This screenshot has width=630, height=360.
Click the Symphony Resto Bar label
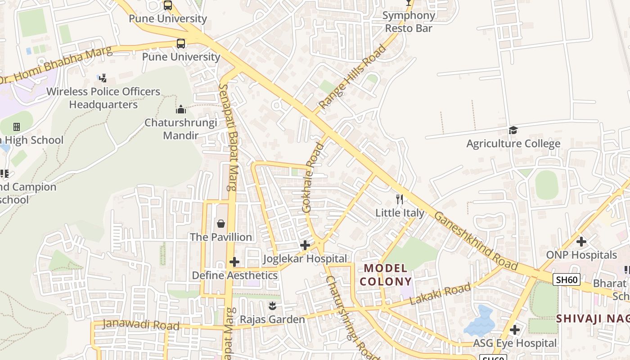pyautogui.click(x=408, y=22)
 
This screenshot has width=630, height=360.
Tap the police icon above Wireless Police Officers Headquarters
pyautogui.click(x=103, y=78)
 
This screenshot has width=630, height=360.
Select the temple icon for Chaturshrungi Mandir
pyautogui.click(x=180, y=109)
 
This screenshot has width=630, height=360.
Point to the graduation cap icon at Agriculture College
pyautogui.click(x=513, y=130)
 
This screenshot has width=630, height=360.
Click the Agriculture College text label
pyautogui.click(x=513, y=144)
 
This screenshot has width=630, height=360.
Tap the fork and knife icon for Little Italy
pyautogui.click(x=400, y=199)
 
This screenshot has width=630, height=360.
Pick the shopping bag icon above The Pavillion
pyautogui.click(x=221, y=224)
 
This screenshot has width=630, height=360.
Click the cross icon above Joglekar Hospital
pyautogui.click(x=305, y=245)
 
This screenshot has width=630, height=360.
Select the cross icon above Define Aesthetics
pyautogui.click(x=234, y=262)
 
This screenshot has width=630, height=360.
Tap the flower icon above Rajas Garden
pyautogui.click(x=272, y=306)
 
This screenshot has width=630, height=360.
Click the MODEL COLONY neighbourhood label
pyautogui.click(x=386, y=275)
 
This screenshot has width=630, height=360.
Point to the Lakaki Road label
pyautogui.click(x=441, y=294)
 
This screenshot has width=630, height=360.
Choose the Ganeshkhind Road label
pyautogui.click(x=476, y=241)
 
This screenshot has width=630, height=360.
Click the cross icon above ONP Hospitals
pyautogui.click(x=581, y=242)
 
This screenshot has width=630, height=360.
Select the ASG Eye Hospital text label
pyautogui.click(x=515, y=343)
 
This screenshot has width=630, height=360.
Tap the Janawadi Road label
pyautogui.click(x=141, y=324)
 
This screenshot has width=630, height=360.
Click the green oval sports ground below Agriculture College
pyautogui.click(x=546, y=185)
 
